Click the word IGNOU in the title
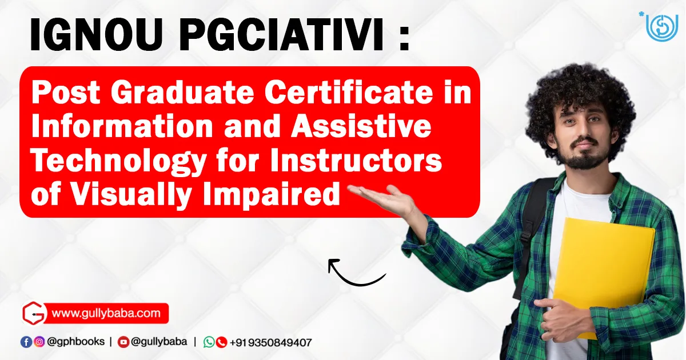[96, 35]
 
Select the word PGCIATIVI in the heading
[281, 35]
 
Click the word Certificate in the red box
[349, 92]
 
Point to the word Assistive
[361, 126]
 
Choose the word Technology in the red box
[119, 161]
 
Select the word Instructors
[356, 160]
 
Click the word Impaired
[272, 195]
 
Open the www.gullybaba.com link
[106, 313]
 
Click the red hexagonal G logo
[34, 313]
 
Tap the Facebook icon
[26, 342]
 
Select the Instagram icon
[39, 342]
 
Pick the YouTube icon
[123, 342]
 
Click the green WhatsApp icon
[209, 342]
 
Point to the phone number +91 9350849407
[271, 342]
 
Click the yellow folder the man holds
[603, 275]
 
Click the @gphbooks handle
[75, 342]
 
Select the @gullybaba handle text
[159, 342]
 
